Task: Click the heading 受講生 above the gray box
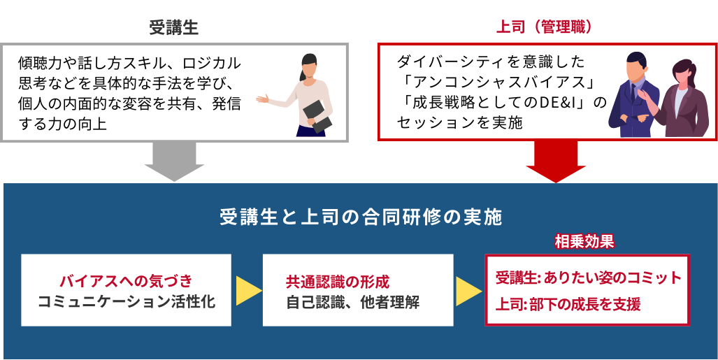point(174,28)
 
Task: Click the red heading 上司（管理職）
point(545,27)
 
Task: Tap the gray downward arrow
point(175,161)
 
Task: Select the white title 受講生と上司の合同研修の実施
point(361,217)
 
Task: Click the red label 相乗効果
point(584,241)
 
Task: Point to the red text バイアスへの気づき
point(126,281)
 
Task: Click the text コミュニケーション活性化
point(126,302)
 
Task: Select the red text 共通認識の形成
point(338,281)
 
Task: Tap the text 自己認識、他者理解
point(352,302)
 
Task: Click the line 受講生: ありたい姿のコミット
point(589,278)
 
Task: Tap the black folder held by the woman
point(317,116)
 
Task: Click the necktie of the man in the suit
point(633,93)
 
